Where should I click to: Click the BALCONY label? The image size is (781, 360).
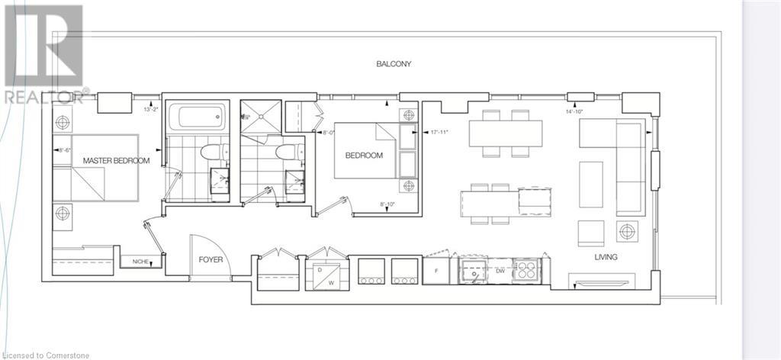[x=394, y=64]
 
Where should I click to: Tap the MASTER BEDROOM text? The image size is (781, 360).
[x=116, y=161]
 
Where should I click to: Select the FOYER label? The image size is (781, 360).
[x=211, y=259]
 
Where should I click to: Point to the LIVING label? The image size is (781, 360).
[x=606, y=258]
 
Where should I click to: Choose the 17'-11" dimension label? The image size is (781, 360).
[x=439, y=132]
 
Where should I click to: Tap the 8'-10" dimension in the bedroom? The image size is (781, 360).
[x=389, y=204]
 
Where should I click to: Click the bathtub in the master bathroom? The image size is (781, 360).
[x=197, y=118]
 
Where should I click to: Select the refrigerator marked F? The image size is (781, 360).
[x=438, y=271]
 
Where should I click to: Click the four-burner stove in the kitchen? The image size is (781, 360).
[x=526, y=271]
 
